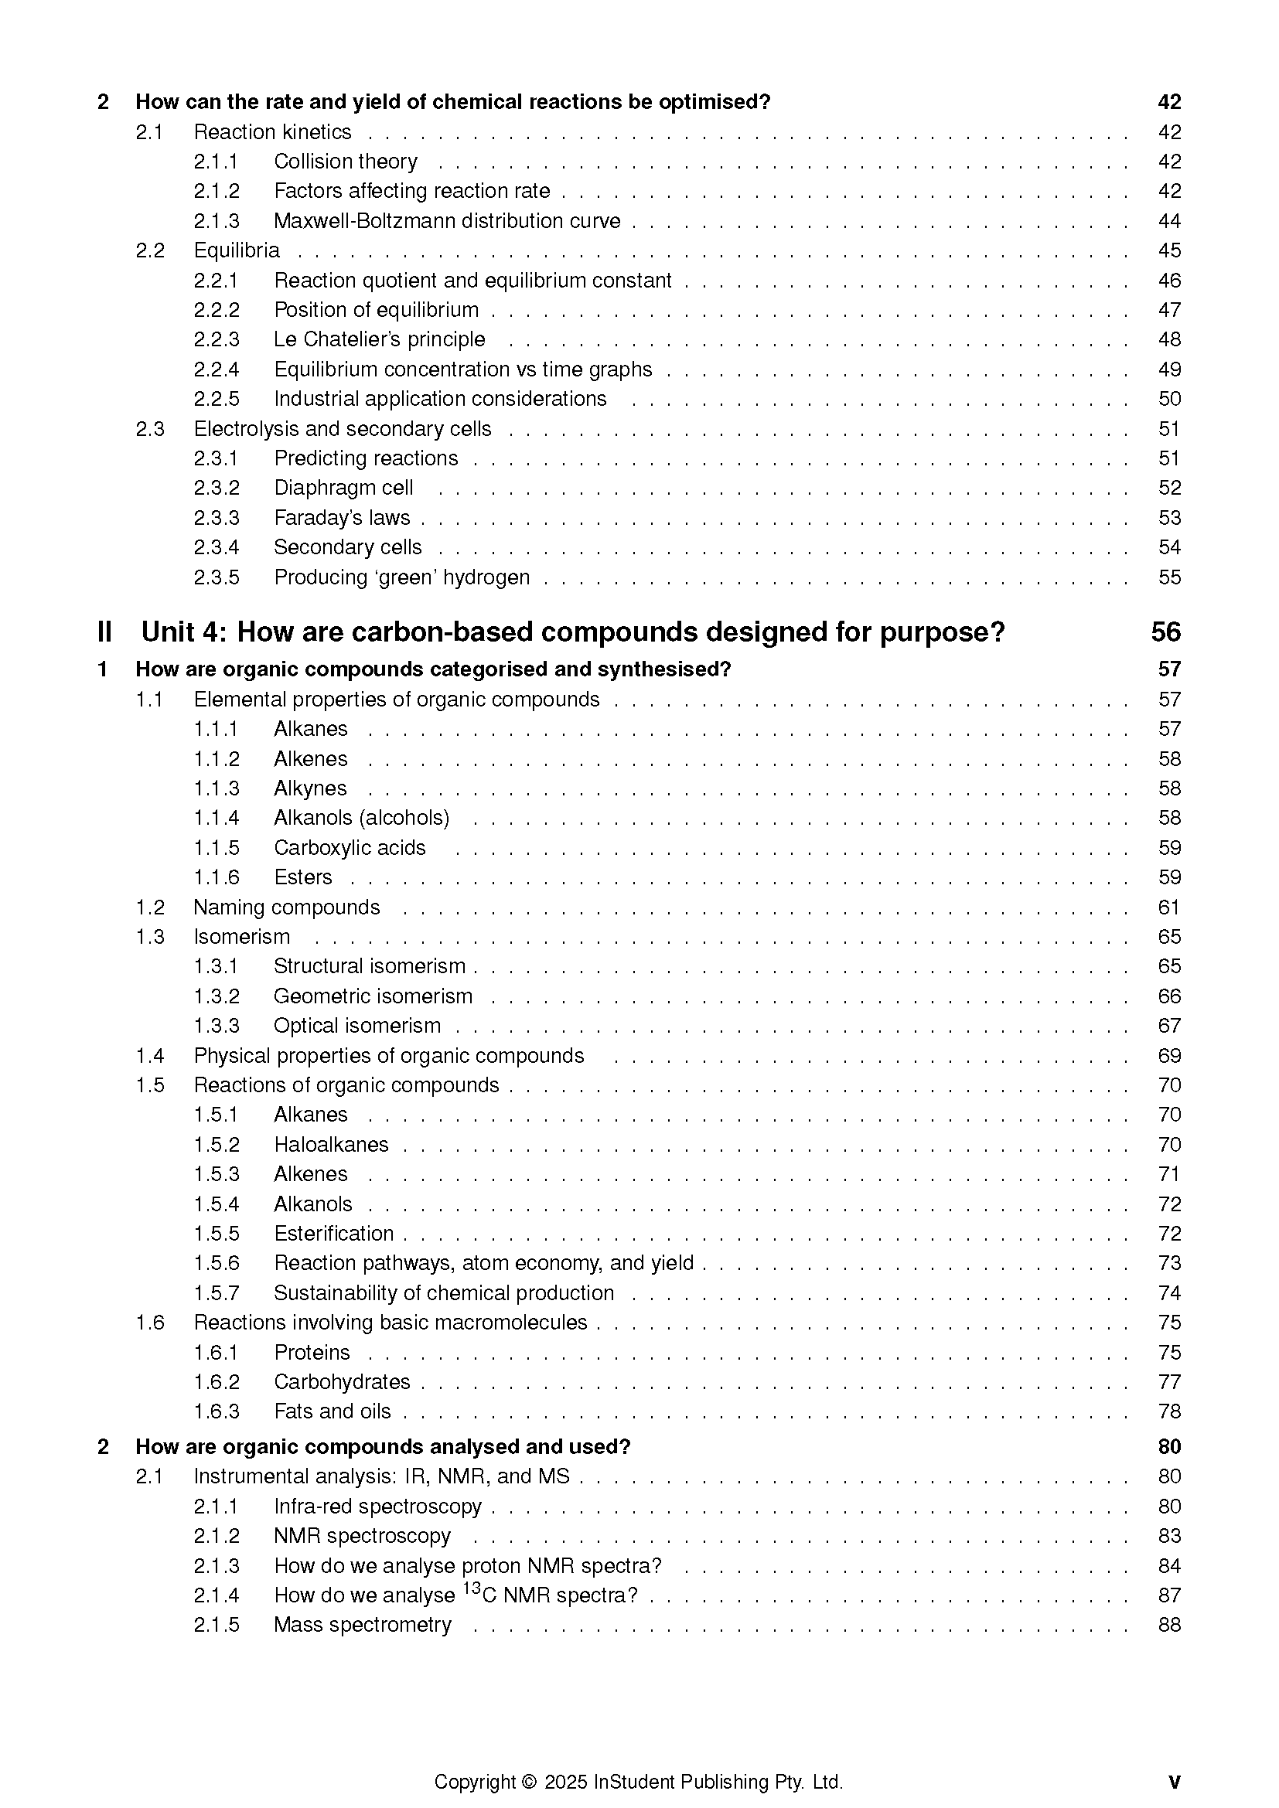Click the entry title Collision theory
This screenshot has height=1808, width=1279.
pos(345,162)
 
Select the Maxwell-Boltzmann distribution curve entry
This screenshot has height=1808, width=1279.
pos(446,221)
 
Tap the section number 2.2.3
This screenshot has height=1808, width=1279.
pos(217,339)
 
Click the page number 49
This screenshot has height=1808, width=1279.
pos(1168,369)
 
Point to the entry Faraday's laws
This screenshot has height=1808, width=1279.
pos(342,518)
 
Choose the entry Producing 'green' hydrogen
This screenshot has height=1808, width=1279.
pos(401,577)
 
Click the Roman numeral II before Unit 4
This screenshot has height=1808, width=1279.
pos(104,632)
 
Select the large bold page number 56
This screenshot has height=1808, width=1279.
pos(1165,632)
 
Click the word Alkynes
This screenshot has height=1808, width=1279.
pos(310,788)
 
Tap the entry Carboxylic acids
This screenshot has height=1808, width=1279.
pos(350,848)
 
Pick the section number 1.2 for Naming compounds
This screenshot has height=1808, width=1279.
pos(150,907)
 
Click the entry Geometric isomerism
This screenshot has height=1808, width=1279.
pos(373,996)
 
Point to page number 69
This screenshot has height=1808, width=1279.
pos(1168,1056)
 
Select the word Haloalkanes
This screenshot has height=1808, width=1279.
pos(331,1144)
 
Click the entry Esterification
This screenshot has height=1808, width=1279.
pos(334,1233)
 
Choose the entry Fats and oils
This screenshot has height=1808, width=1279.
pos(333,1411)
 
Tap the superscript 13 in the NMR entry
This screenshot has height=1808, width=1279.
pos(471,1588)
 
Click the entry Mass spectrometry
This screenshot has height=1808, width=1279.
pos(362,1625)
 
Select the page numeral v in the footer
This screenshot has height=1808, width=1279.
pos(1175,1760)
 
